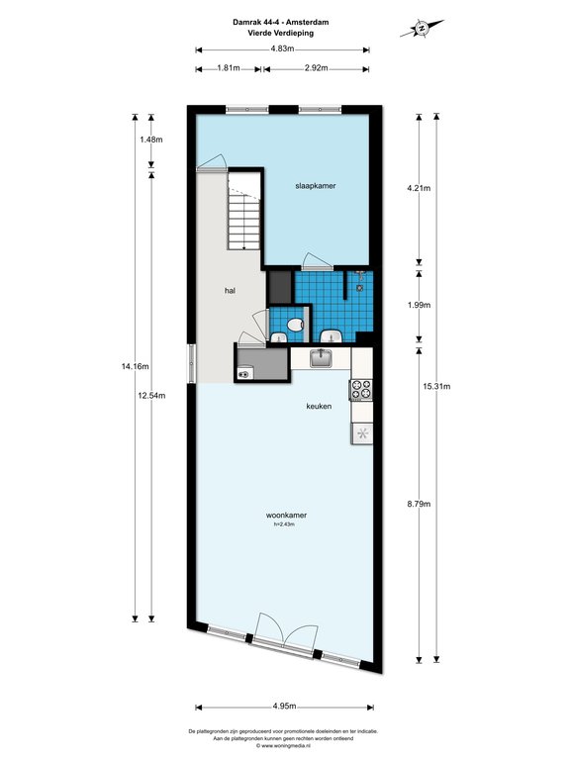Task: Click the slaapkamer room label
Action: (x=316, y=186)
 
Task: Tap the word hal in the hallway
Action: (x=230, y=291)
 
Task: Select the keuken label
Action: (x=319, y=406)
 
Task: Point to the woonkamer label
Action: (x=286, y=516)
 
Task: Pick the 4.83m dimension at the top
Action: (x=283, y=48)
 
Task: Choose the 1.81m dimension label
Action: (x=229, y=68)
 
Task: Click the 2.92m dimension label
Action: (x=316, y=68)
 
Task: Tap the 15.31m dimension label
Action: (x=436, y=386)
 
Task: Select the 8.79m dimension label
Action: (x=419, y=504)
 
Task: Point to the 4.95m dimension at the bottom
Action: (x=284, y=706)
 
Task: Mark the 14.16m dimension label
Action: (x=135, y=366)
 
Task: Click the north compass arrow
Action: (x=422, y=28)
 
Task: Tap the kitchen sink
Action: (x=321, y=357)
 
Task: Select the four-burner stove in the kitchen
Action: (x=361, y=390)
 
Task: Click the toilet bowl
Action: (x=295, y=325)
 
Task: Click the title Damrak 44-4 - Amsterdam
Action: (x=281, y=22)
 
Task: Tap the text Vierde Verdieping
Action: (x=281, y=33)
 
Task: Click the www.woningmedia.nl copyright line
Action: (x=283, y=745)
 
